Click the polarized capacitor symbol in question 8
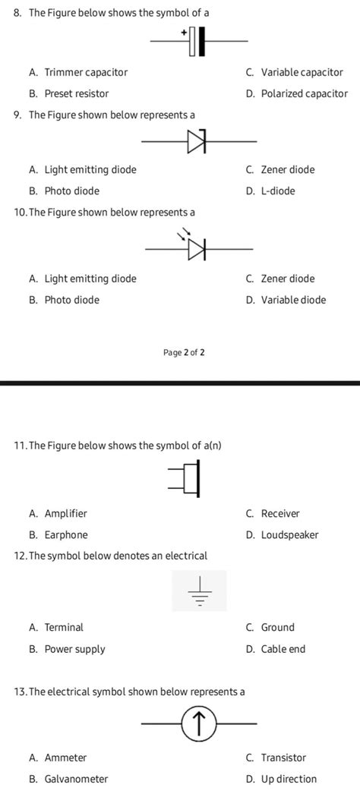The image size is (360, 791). click(197, 42)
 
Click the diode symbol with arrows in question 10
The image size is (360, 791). click(197, 248)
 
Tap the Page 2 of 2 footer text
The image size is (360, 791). click(184, 352)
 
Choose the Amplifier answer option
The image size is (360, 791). click(65, 514)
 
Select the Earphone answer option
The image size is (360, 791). click(66, 535)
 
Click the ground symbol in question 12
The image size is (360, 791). click(200, 591)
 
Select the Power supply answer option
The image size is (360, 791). click(74, 649)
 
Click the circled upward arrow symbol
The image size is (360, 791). click(200, 724)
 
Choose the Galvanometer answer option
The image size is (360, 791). click(76, 779)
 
